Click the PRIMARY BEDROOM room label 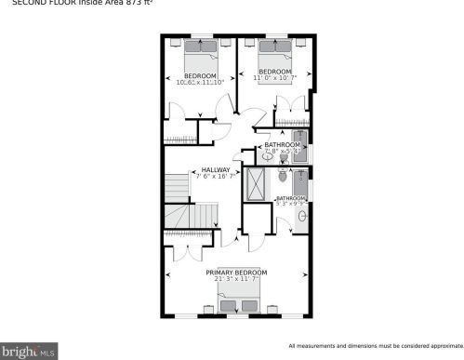coord(236,273)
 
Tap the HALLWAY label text coord(215,169)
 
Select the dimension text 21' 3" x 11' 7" coord(236,279)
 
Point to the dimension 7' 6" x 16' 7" coord(215,176)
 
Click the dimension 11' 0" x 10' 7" coord(273,78)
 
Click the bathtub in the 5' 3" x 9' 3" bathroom coord(299,182)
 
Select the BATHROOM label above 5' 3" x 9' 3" coord(290,197)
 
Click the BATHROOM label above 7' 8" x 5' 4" coord(282,144)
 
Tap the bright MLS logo coord(29,352)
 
